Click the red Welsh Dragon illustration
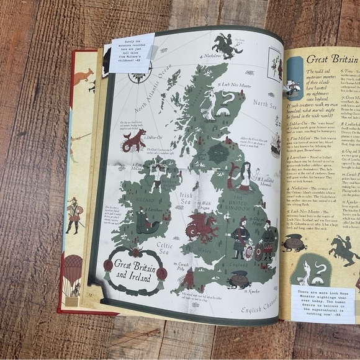(x=202, y=227)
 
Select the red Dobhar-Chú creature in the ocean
(x=133, y=141)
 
